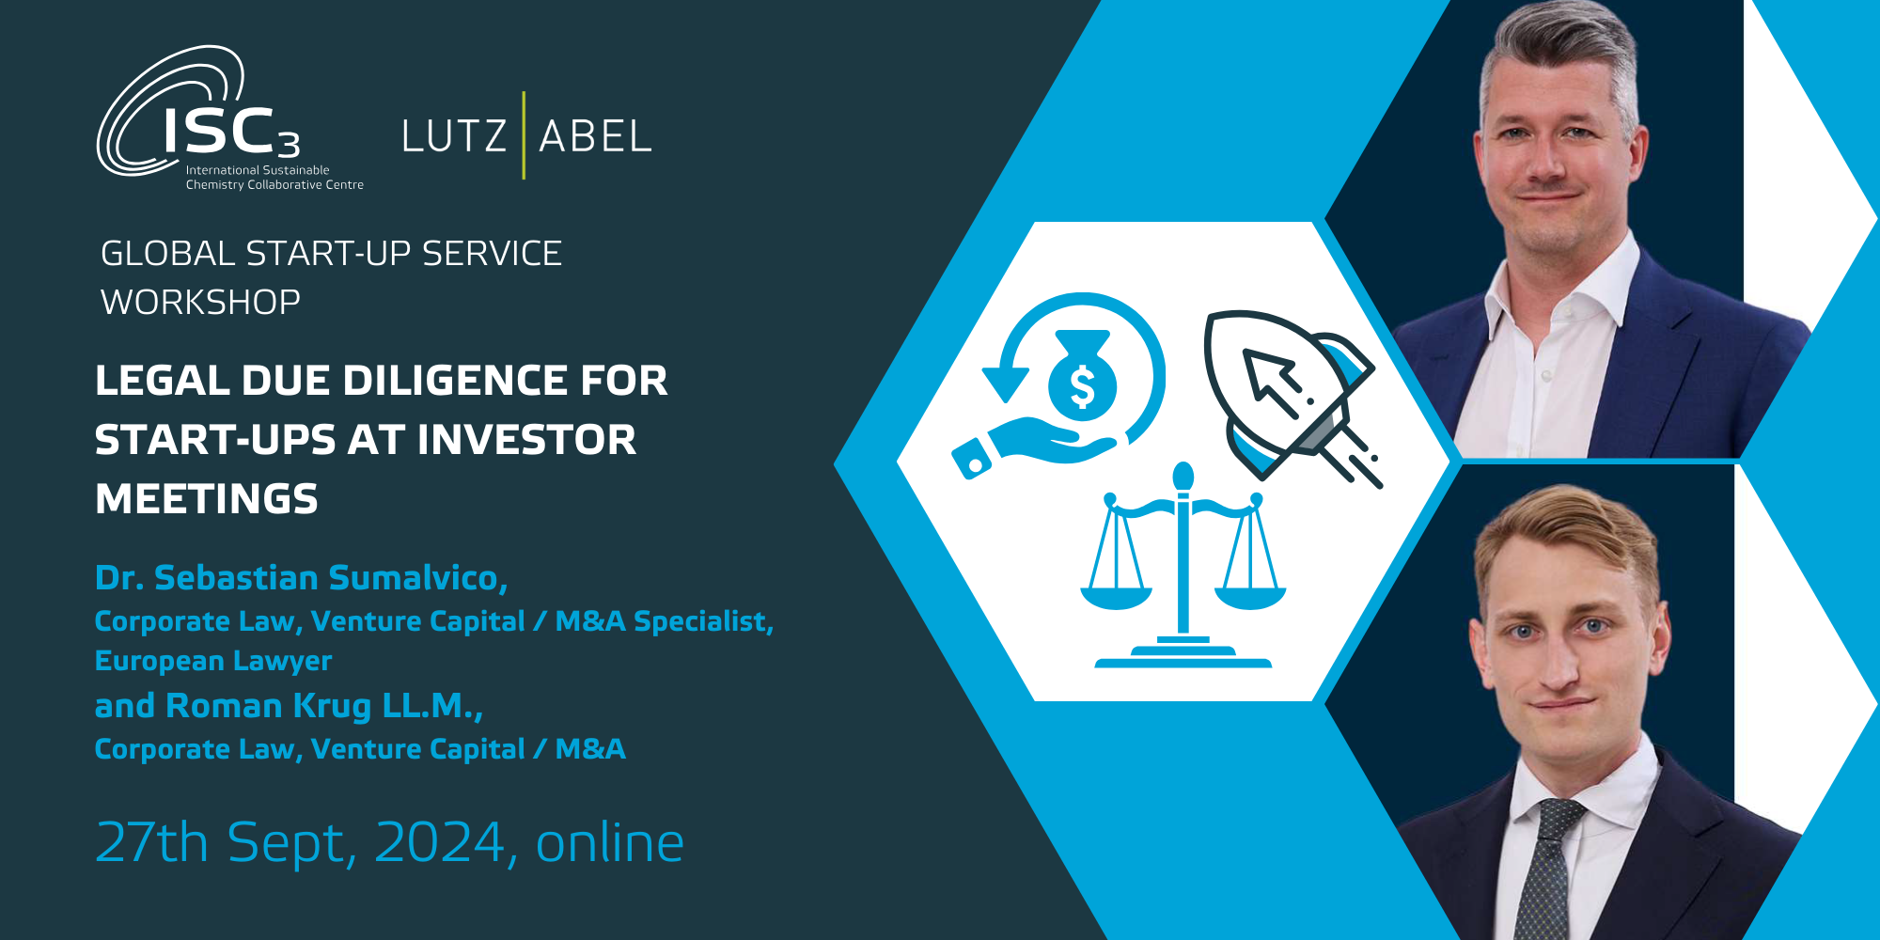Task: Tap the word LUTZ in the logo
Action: tap(454, 136)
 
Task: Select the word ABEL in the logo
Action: tap(595, 136)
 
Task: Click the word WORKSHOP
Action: tap(200, 302)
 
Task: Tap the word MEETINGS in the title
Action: tap(207, 499)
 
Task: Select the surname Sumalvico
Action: tap(418, 578)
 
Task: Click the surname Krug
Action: tap(332, 706)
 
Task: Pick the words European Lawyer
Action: tap(213, 661)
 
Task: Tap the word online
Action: tap(609, 842)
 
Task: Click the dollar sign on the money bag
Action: tap(1083, 386)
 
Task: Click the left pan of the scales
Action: tap(1116, 596)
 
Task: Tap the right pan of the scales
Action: tap(1249, 596)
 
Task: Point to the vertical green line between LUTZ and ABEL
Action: tap(524, 135)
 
